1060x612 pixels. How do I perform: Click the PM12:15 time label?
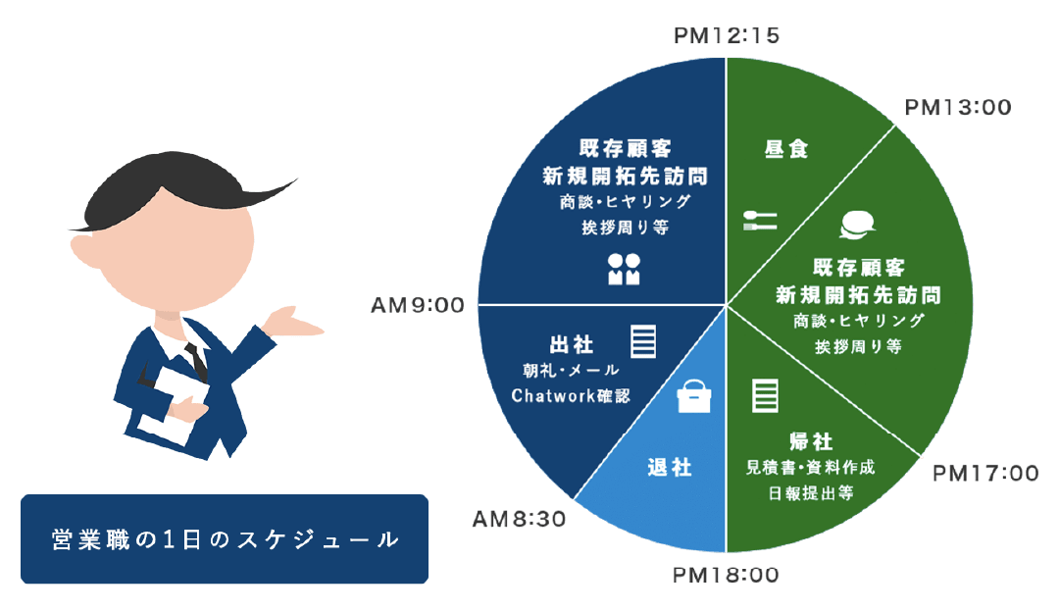coord(727,36)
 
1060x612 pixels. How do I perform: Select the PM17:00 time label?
coord(984,474)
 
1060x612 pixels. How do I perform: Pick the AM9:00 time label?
coord(417,306)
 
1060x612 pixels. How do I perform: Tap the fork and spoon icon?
coord(760,220)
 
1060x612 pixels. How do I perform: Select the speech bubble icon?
coord(857,227)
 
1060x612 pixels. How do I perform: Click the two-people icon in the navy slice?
coord(624,268)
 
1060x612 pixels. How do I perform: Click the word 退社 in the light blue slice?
coord(671,467)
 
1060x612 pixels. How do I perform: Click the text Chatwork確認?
coord(570,395)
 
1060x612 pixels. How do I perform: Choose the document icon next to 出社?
coord(643,342)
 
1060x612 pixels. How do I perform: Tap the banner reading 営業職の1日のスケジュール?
coord(225,539)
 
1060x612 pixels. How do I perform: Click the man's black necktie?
coord(197,360)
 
